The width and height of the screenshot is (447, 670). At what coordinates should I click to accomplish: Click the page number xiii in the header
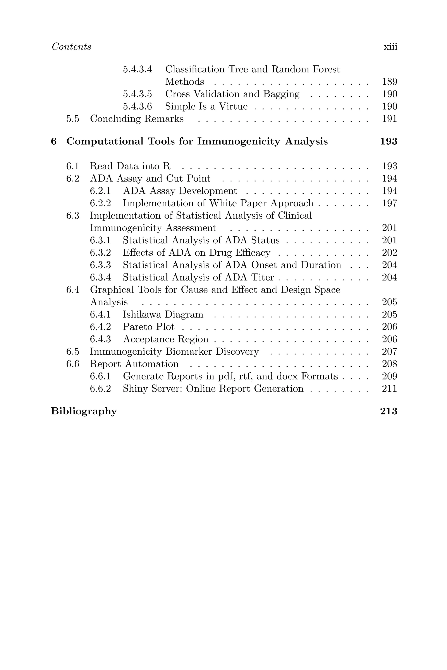pyautogui.click(x=390, y=47)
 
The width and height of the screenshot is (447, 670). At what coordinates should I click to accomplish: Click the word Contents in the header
pyautogui.click(x=71, y=47)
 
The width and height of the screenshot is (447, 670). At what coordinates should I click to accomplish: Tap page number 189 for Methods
pyautogui.click(x=389, y=82)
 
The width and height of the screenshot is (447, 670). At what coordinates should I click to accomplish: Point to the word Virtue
pyautogui.click(x=233, y=106)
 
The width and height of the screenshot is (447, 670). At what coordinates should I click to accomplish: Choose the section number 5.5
pyautogui.click(x=73, y=119)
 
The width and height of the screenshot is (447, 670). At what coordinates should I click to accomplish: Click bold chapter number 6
pyautogui.click(x=54, y=142)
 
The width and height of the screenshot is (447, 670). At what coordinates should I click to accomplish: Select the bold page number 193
pyautogui.click(x=389, y=142)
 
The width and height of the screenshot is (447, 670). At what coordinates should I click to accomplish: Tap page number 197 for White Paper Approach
pyautogui.click(x=389, y=203)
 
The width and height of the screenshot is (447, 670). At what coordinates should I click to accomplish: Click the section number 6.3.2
pyautogui.click(x=100, y=253)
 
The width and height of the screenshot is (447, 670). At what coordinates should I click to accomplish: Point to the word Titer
pyautogui.click(x=262, y=277)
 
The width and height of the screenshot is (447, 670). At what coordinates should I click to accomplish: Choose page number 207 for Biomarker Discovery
pyautogui.click(x=389, y=352)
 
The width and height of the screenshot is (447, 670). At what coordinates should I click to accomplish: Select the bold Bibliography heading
pyautogui.click(x=84, y=412)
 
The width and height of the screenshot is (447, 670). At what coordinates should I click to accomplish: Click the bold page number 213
pyautogui.click(x=389, y=412)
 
